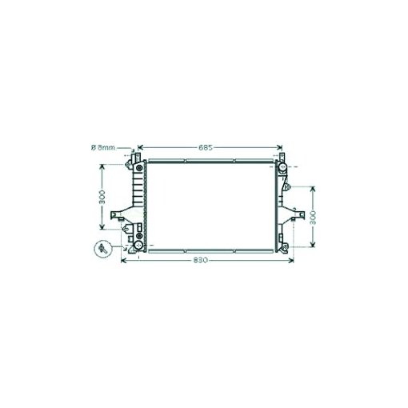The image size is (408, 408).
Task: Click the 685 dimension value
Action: coord(206,147)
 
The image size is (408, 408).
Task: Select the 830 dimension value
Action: coord(200,260)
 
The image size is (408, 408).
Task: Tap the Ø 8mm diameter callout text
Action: coord(103,147)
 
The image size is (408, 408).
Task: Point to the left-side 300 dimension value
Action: coord(102,197)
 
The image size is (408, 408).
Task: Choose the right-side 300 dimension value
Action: coord(313,218)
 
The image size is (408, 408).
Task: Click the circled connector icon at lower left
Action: coord(103,249)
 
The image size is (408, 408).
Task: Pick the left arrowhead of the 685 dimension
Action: coord(140,147)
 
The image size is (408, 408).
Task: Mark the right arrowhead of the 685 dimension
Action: coord(279,147)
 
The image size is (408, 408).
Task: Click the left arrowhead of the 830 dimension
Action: coord(124,261)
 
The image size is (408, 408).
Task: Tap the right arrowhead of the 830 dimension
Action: coord(290,261)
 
